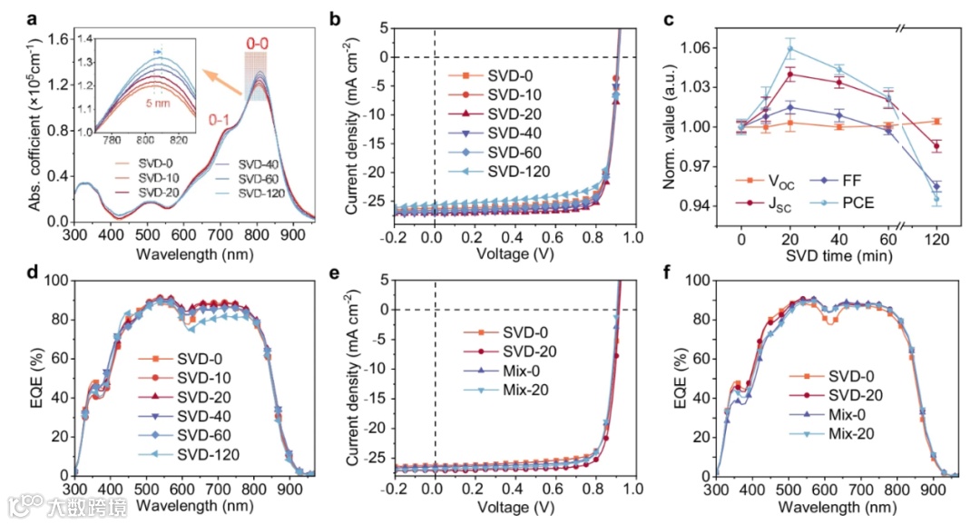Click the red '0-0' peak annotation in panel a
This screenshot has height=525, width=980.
(258, 43)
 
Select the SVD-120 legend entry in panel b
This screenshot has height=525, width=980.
(508, 173)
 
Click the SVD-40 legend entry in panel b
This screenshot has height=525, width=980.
(508, 134)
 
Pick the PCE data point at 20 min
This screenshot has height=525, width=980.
(790, 49)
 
